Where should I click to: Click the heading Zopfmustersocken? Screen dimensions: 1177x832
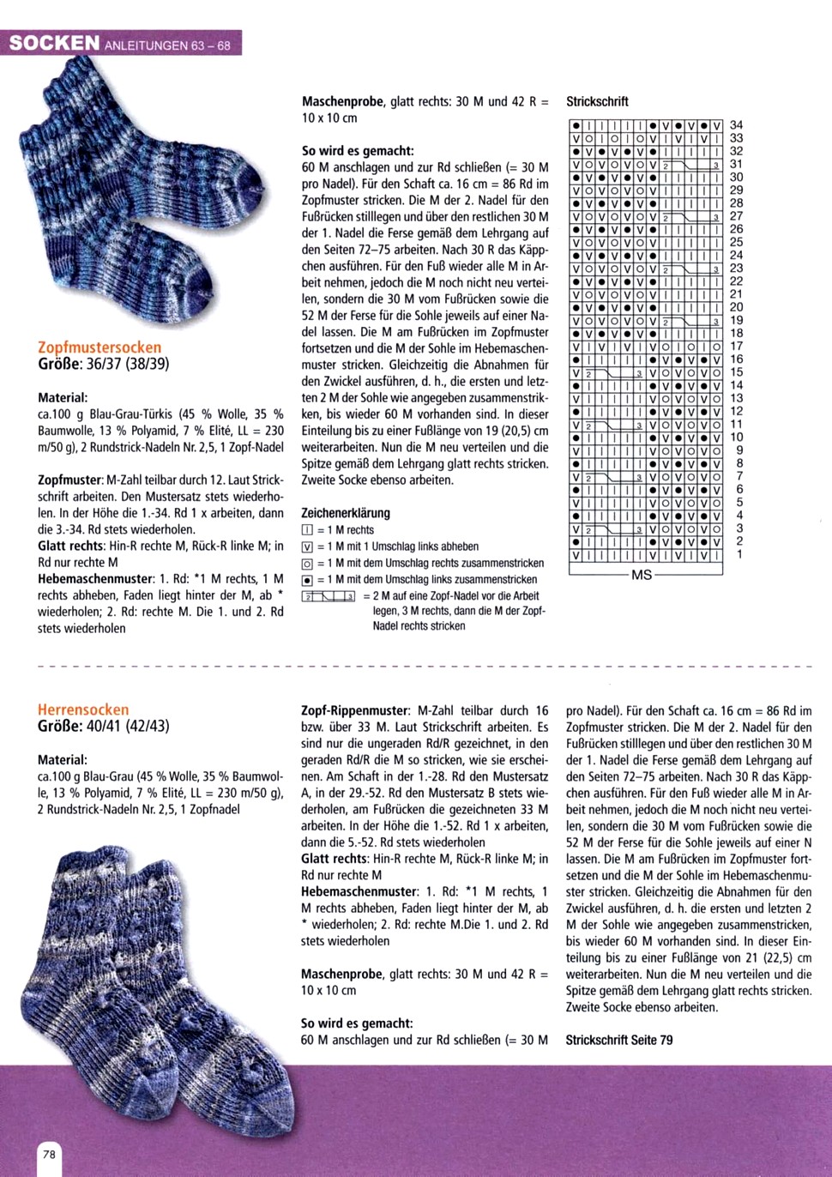point(99,347)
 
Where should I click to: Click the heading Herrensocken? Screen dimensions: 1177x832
point(83,709)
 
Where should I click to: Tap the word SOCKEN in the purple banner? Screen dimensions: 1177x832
point(54,43)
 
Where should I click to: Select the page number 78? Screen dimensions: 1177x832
point(49,1154)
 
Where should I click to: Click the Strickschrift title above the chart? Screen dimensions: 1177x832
point(597,101)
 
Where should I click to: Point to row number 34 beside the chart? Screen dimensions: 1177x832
point(736,125)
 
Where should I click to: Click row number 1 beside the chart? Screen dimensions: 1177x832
point(739,554)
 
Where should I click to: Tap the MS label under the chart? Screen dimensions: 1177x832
point(642,575)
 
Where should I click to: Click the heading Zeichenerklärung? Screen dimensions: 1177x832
point(345,513)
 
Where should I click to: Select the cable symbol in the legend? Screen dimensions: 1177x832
point(329,596)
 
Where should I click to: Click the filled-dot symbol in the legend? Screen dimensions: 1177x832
point(307,580)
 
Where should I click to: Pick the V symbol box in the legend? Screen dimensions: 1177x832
point(307,546)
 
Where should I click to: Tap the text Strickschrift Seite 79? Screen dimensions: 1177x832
point(618,1040)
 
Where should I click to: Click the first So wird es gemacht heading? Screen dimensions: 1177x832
point(358,150)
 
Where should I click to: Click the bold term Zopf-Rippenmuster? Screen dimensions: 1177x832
point(354,710)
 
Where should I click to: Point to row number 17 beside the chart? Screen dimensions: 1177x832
point(736,347)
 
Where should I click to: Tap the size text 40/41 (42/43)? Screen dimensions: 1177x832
point(127,726)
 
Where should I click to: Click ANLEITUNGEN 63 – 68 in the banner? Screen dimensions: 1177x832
point(167,45)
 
